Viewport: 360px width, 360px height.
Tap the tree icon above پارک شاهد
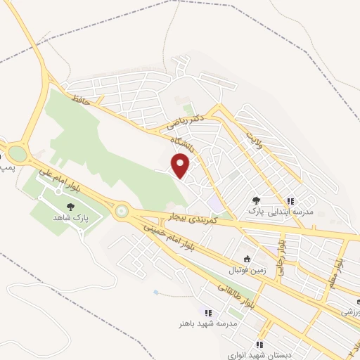(x=70, y=206)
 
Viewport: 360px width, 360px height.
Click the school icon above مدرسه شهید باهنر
(x=207, y=313)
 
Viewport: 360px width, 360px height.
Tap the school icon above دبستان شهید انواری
(x=259, y=345)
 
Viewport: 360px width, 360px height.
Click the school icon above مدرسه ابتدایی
(x=290, y=200)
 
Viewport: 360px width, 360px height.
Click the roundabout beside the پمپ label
(x=16, y=153)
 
